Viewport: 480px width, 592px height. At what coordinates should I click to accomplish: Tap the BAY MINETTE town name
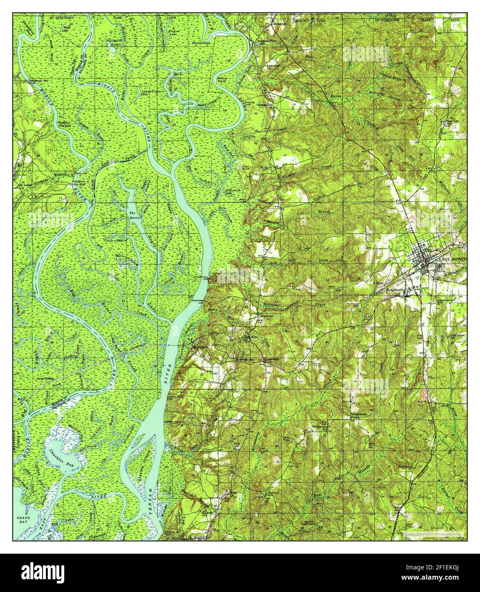(453, 259)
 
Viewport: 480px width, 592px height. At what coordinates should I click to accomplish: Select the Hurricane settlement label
(200, 347)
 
